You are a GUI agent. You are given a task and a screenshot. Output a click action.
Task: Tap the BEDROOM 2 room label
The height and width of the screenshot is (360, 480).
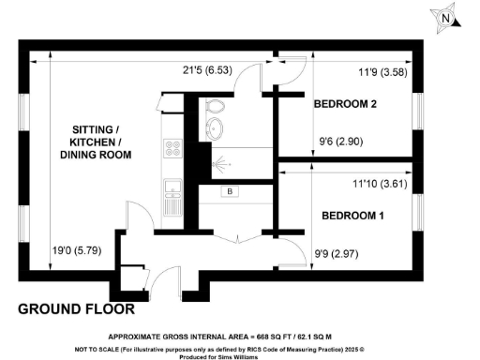(344, 105)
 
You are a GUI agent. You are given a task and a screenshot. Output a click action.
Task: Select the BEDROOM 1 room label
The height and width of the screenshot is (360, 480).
(353, 216)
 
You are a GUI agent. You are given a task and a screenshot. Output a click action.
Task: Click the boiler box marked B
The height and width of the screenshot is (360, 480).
(228, 193)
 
